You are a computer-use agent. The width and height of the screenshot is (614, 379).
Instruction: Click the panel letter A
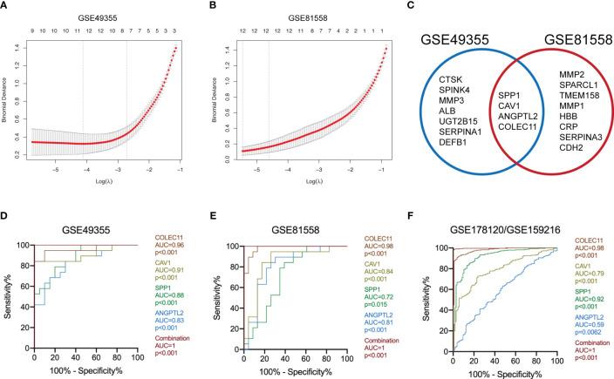[x=7, y=9]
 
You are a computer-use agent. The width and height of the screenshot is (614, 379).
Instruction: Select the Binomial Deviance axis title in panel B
[x=218, y=96]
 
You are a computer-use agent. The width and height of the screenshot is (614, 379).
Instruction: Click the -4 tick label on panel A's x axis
[x=84, y=175]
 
